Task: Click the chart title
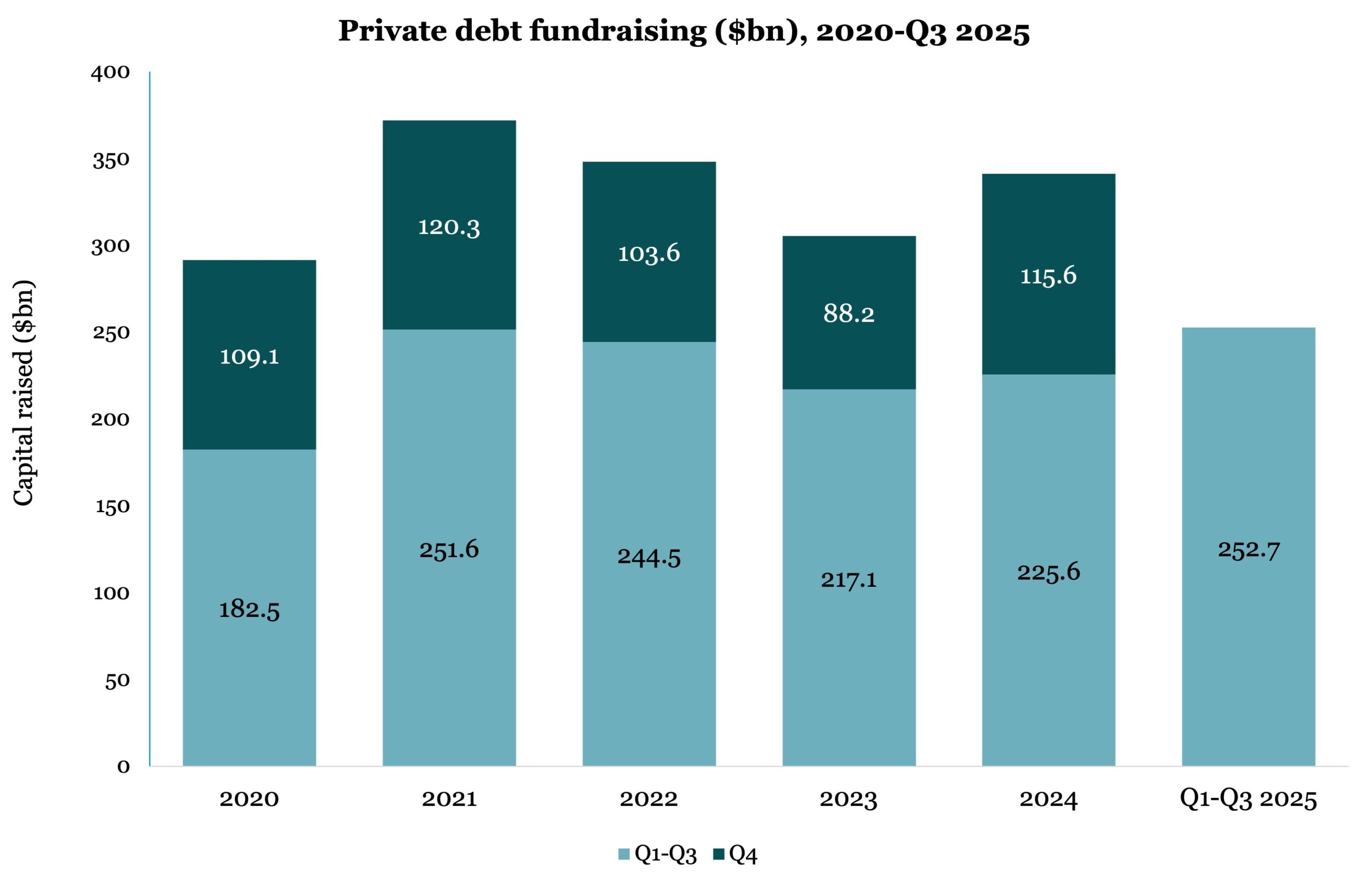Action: pos(683,31)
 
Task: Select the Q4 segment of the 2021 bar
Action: pos(449,172)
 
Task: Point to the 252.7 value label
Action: pos(1249,550)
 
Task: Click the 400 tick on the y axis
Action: pos(111,73)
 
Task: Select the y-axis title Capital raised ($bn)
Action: pos(24,393)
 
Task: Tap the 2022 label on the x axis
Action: pos(649,799)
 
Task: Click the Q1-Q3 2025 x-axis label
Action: pos(1248,799)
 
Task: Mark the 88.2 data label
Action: pos(849,313)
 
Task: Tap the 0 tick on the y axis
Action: pos(124,766)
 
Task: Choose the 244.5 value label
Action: pos(649,557)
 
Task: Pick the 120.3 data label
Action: pos(449,227)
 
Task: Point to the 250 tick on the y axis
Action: pos(111,333)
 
